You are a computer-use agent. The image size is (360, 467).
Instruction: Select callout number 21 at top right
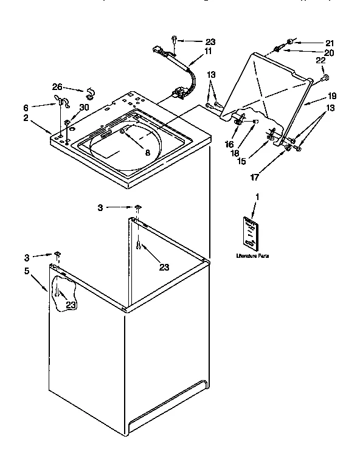pos(329,43)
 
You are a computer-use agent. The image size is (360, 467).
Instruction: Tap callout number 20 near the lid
pos(329,52)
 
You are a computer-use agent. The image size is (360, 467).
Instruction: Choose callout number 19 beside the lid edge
pos(332,96)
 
